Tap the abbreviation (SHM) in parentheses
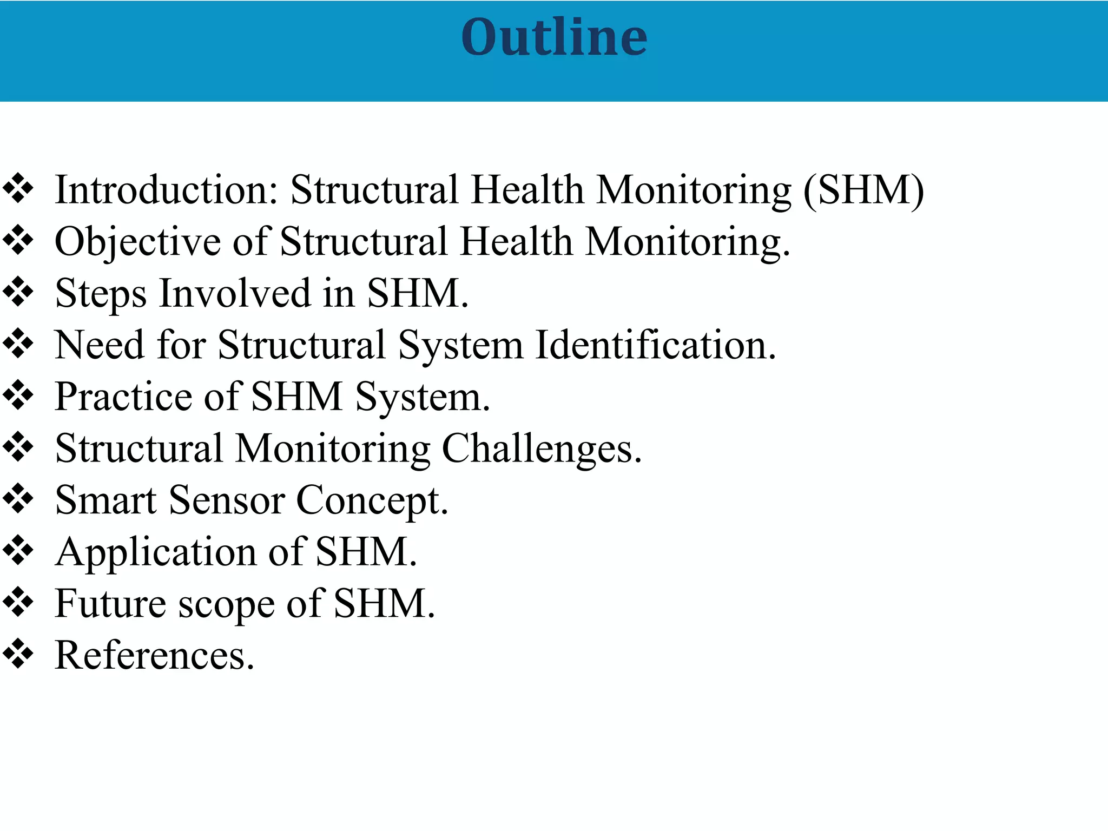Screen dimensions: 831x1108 [864, 190]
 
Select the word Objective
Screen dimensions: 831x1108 [137, 242]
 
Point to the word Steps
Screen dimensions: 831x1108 [101, 294]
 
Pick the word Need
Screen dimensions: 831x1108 [100, 345]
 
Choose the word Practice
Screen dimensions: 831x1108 [123, 397]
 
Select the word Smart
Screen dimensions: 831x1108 [106, 500]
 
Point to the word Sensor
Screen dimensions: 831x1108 [227, 500]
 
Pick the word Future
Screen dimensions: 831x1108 [110, 603]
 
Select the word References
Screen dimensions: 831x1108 [154, 655]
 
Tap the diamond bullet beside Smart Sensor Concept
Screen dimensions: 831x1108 [18, 499]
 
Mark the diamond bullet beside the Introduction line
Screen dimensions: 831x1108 [18, 189]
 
